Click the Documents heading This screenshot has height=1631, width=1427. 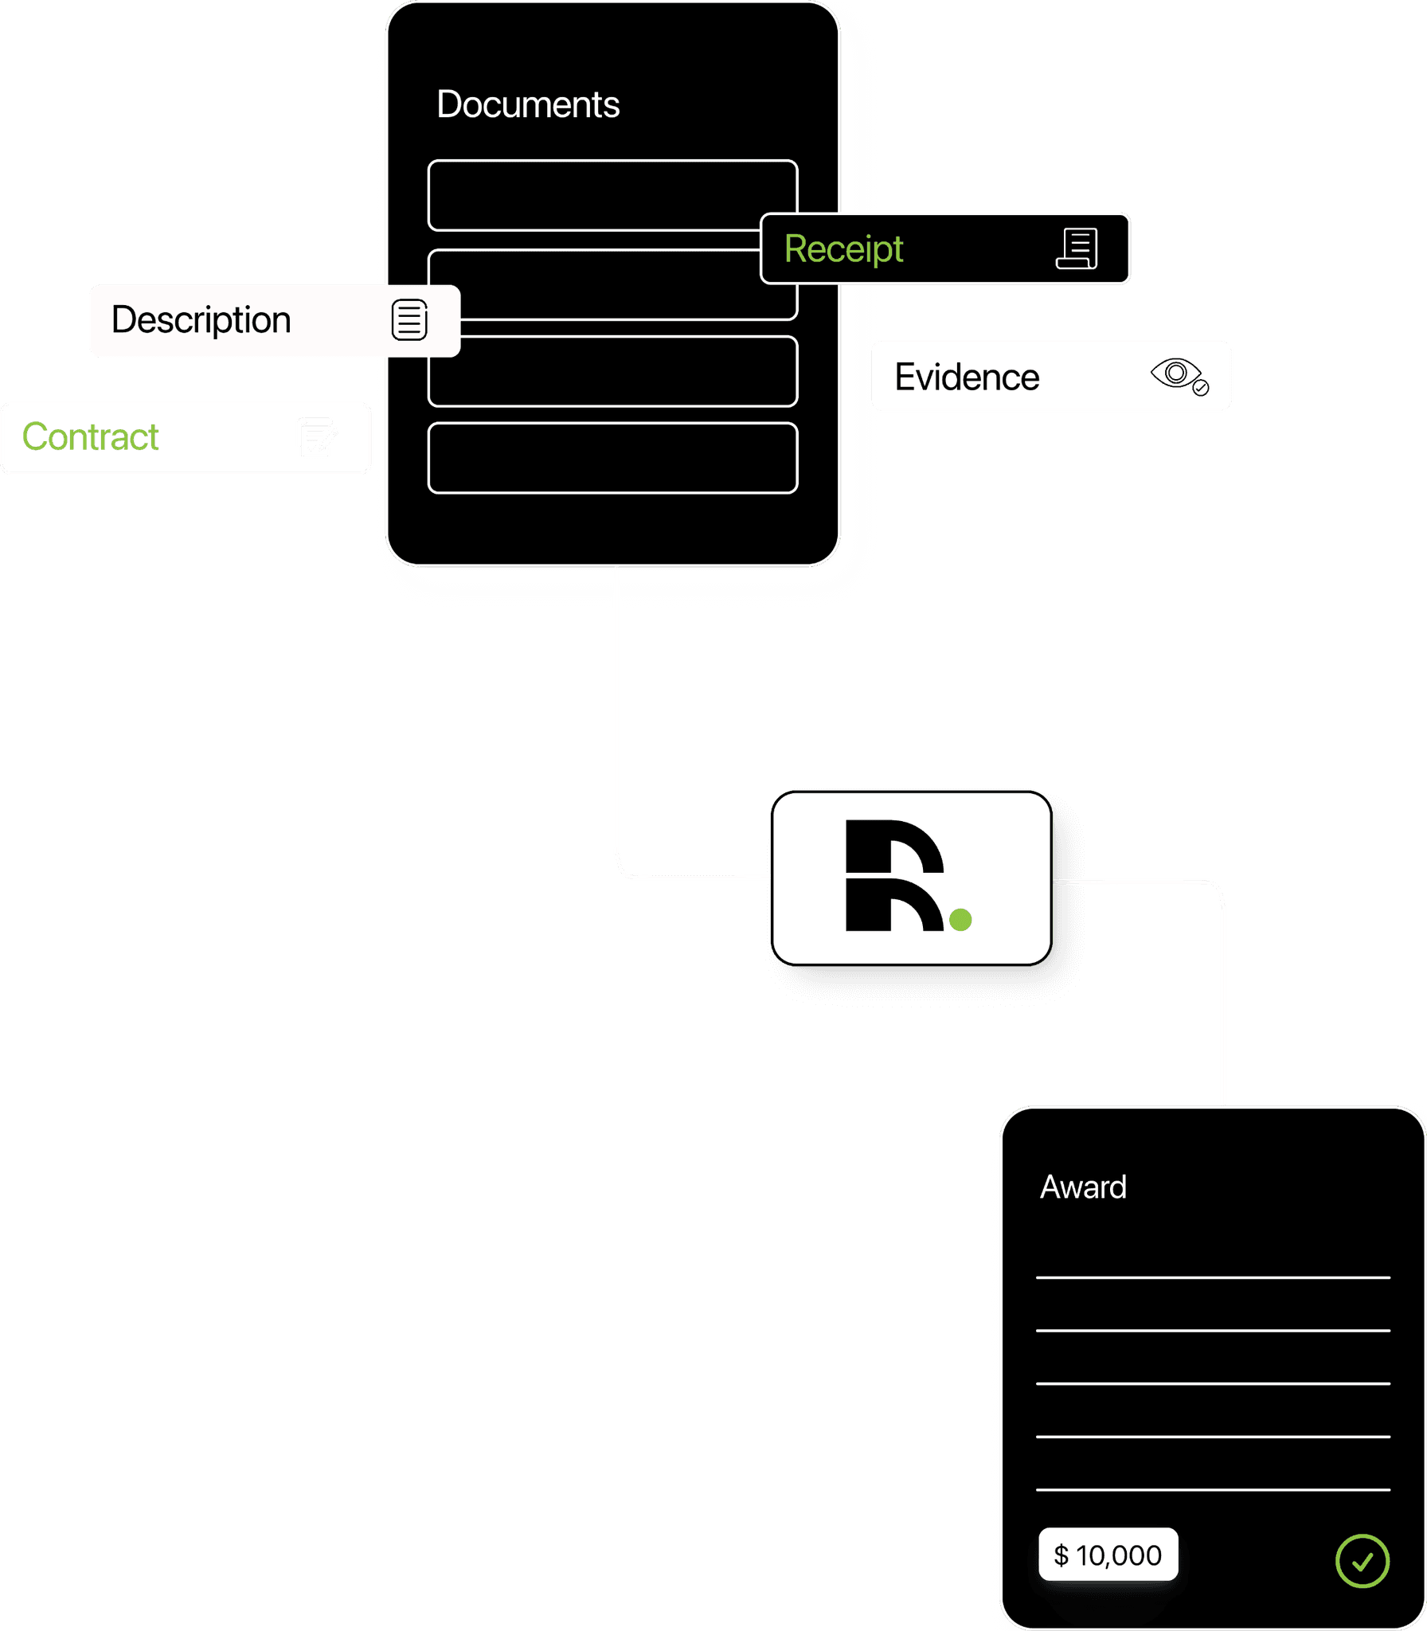click(x=528, y=104)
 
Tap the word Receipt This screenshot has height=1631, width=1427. click(x=843, y=249)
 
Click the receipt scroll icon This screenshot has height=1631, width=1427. click(x=1077, y=249)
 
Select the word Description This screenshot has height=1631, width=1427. click(x=201, y=320)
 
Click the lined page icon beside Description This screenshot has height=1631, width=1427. click(x=409, y=320)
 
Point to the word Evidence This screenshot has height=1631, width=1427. click(x=967, y=377)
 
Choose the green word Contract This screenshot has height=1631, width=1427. click(x=91, y=437)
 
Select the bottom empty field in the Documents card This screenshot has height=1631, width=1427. click(x=613, y=458)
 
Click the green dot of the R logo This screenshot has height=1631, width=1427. click(x=961, y=920)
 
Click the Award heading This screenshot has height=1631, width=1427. click(x=1083, y=1187)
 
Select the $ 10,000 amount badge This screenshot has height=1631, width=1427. click(x=1108, y=1555)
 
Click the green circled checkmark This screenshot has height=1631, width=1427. click(x=1362, y=1561)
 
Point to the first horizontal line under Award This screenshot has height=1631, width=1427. click(x=1213, y=1277)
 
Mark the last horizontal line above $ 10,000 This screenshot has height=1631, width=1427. click(x=1213, y=1489)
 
